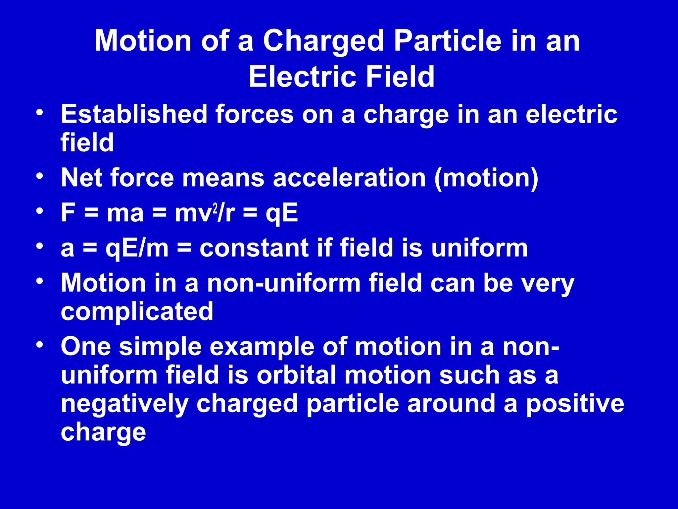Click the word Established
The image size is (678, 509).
(134, 114)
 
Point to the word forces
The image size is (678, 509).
(254, 114)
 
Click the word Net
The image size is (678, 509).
(81, 178)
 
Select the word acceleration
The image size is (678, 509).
(349, 178)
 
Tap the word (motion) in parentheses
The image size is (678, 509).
(486, 179)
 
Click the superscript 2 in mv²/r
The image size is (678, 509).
(215, 208)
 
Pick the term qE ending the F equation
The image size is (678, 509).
(282, 214)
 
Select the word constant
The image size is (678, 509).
(254, 249)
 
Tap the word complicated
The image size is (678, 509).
(137, 312)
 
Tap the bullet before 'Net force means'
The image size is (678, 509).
(40, 176)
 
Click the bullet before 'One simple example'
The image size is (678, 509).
(40, 345)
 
